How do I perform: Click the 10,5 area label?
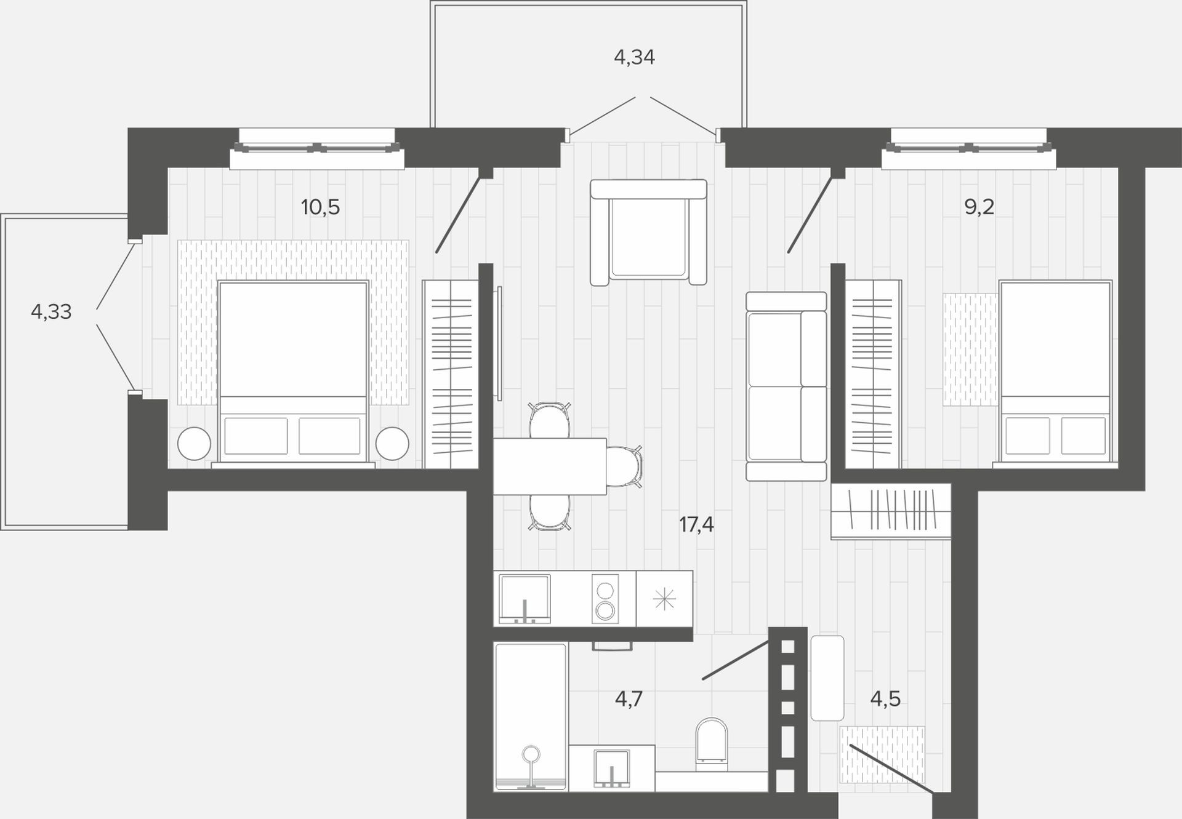click(x=320, y=207)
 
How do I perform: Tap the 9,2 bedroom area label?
click(x=979, y=207)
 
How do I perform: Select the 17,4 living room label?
click(x=696, y=525)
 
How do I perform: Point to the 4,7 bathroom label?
click(x=629, y=699)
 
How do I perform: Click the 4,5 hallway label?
click(x=885, y=699)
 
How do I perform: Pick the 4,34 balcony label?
click(x=634, y=57)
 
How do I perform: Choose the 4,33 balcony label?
click(x=51, y=312)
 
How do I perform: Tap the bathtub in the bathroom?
click(x=531, y=717)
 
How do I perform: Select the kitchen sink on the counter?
click(x=525, y=599)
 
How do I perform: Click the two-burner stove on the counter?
click(x=605, y=599)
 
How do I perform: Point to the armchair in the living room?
click(x=648, y=232)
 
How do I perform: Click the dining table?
click(x=550, y=466)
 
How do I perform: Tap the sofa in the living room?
click(x=786, y=386)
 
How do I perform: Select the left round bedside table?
click(x=194, y=443)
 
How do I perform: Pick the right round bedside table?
click(x=392, y=443)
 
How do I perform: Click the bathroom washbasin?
click(x=611, y=768)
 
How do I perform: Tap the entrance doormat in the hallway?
click(x=882, y=754)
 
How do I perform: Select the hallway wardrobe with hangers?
click(x=891, y=511)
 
